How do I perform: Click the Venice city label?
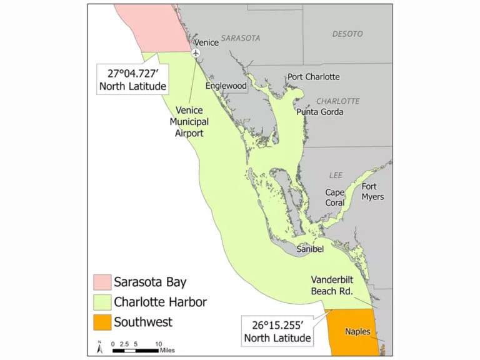coord(206,42)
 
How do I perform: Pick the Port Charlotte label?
coord(314,77)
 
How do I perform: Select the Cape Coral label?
coord(335,197)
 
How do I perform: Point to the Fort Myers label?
coord(372,192)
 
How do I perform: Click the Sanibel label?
coord(309,249)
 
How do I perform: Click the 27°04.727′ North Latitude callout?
coord(132,78)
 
